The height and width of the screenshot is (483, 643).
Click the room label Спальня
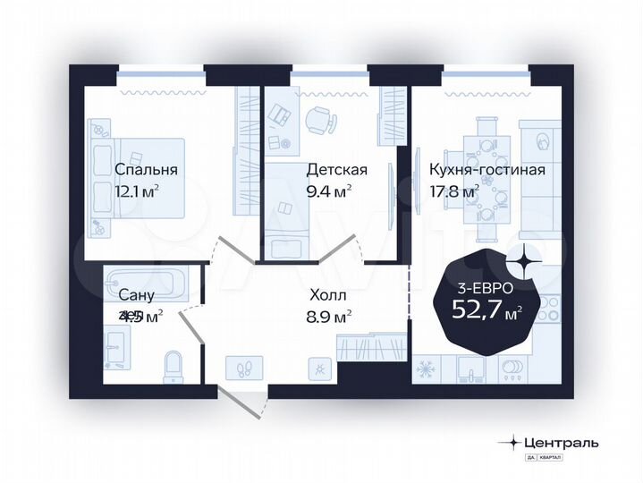pyautogui.click(x=146, y=169)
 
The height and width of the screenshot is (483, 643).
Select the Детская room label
pyautogui.click(x=337, y=169)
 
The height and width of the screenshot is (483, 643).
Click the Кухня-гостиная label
pyautogui.click(x=486, y=169)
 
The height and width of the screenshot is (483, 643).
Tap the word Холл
pyautogui.click(x=328, y=293)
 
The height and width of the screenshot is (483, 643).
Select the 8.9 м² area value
pyautogui.click(x=328, y=315)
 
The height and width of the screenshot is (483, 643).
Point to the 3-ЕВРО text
pyautogui.click(x=479, y=288)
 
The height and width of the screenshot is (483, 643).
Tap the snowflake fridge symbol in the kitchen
pyautogui.click(x=426, y=369)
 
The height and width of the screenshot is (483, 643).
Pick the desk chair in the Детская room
pyautogui.click(x=317, y=119)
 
